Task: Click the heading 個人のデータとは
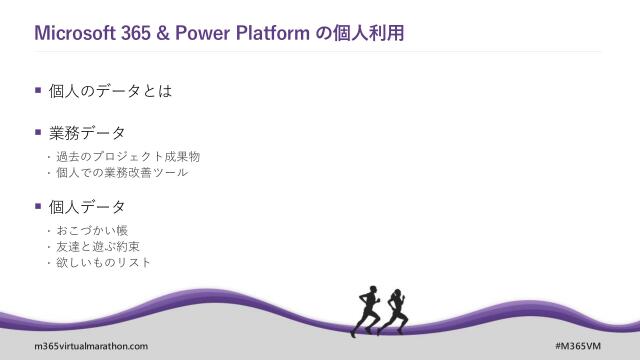tap(110, 91)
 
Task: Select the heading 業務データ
tap(87, 133)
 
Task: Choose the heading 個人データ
tap(87, 207)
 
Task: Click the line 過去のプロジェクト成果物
tap(128, 157)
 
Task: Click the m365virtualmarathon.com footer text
tap(77, 346)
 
